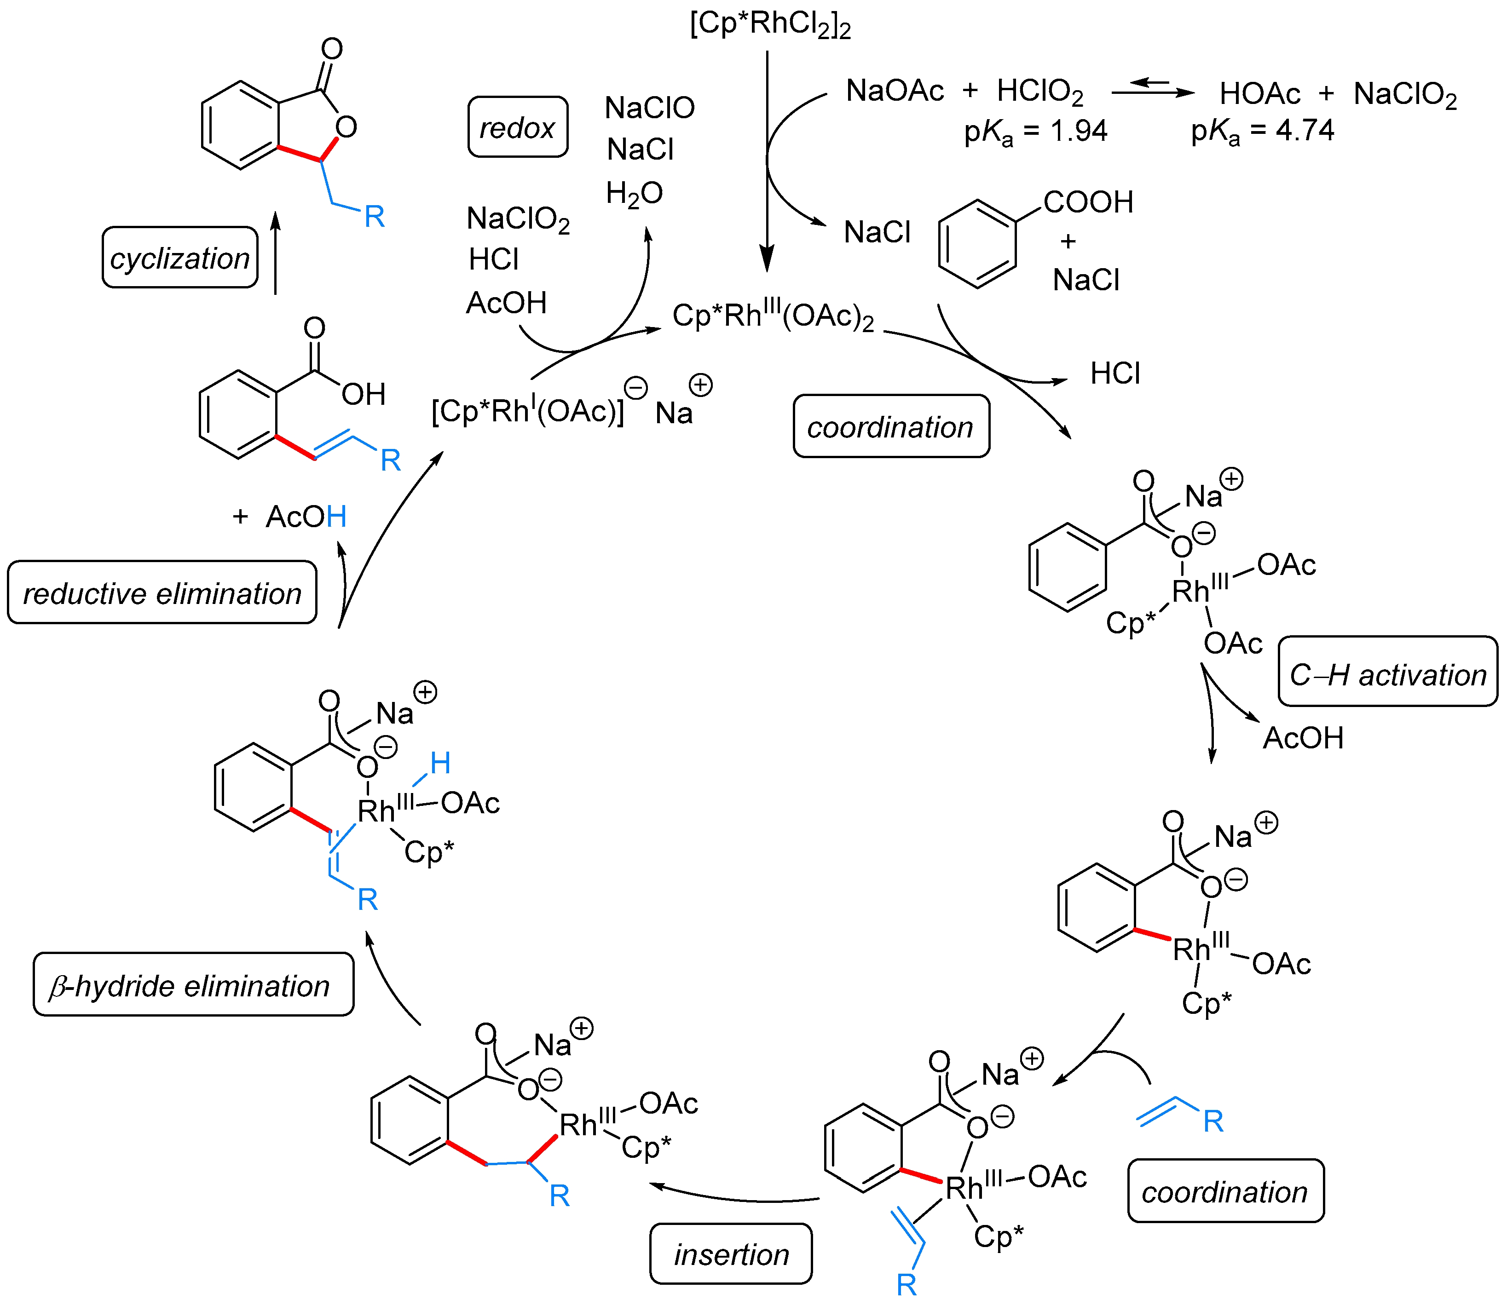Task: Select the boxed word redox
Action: click(517, 127)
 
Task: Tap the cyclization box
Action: click(180, 258)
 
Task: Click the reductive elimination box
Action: click(162, 593)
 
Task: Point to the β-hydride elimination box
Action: click(193, 985)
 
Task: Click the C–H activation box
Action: click(1387, 674)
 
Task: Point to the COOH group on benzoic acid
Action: click(1087, 202)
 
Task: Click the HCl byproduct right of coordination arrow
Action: click(1114, 374)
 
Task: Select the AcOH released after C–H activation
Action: click(1302, 738)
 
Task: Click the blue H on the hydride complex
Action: click(440, 763)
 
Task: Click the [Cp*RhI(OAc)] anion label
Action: click(528, 411)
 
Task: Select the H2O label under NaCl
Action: click(634, 194)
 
